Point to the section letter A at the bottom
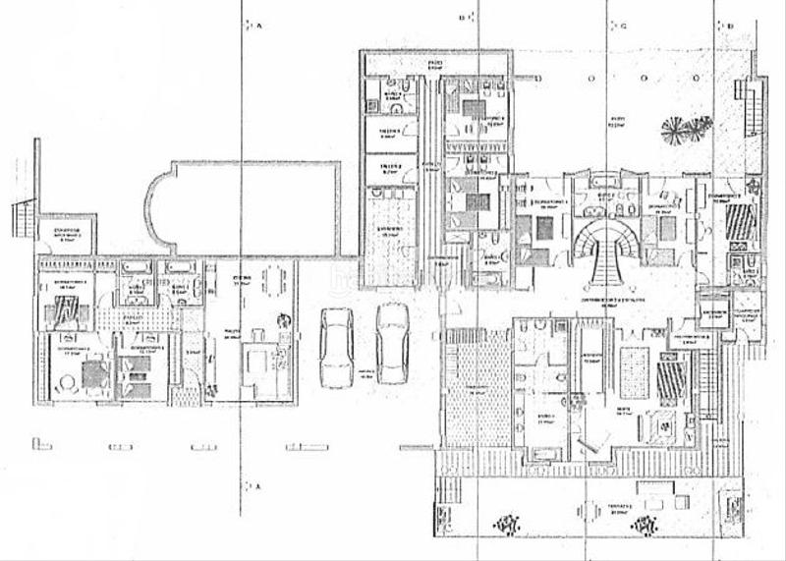pos(257,486)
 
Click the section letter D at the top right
pos(730,27)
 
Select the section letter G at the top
pos(623,27)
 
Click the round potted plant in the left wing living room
pos(285,319)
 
